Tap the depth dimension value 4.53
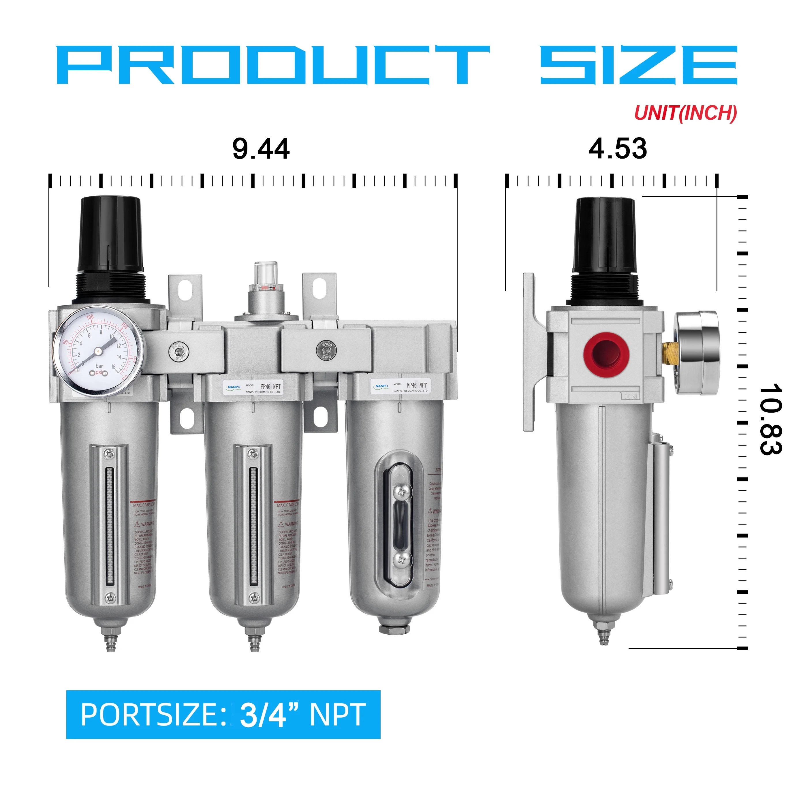[617, 149]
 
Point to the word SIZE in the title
[638, 65]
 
